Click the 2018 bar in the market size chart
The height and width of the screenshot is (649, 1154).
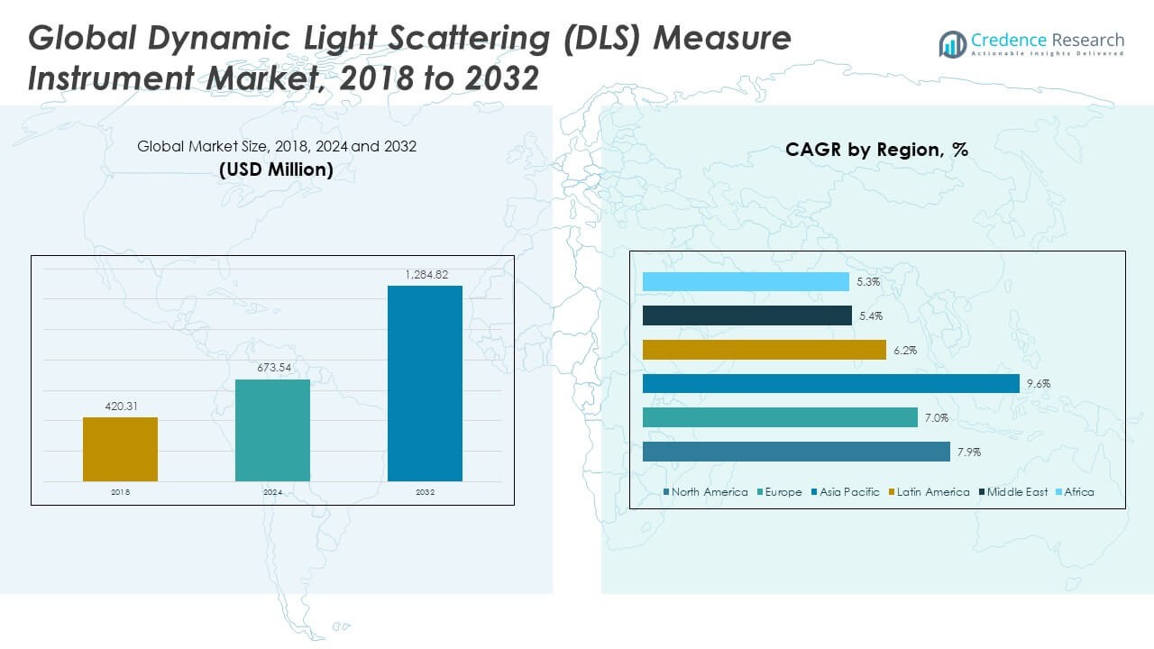coord(120,449)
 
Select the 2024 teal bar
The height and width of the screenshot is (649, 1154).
coord(272,430)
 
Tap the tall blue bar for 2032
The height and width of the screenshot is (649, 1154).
coord(425,383)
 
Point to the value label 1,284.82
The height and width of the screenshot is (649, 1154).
coord(425,275)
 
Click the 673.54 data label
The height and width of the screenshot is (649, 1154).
coord(272,369)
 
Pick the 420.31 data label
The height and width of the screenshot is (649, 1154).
coord(120,407)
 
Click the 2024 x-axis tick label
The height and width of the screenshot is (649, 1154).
coord(272,492)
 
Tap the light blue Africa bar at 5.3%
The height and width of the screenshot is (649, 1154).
coord(746,282)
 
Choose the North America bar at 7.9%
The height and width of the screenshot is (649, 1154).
coord(796,452)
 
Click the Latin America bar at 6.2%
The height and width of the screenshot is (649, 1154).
coord(764,350)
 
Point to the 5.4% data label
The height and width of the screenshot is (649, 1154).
coord(871,316)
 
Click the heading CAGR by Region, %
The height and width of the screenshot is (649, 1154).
coord(876,150)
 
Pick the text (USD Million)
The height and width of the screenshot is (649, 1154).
coord(276,169)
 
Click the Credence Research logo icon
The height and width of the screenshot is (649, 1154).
coord(952,43)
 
